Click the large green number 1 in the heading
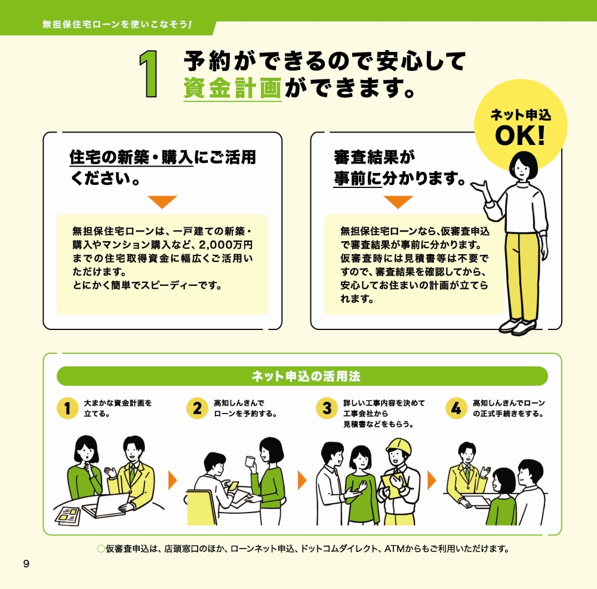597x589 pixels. (149, 74)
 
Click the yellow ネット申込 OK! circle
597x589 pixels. (520, 125)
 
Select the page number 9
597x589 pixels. (26, 564)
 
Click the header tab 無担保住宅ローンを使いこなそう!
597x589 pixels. (117, 26)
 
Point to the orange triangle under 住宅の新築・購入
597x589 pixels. (162, 202)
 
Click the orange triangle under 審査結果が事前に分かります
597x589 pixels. (398, 202)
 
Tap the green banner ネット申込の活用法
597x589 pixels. (302, 377)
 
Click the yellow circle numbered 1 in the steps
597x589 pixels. (67, 409)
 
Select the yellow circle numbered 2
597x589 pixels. (197, 409)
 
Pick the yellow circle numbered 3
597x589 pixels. (327, 409)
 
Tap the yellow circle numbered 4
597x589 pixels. (456, 409)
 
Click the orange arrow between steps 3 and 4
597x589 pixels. (432, 479)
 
